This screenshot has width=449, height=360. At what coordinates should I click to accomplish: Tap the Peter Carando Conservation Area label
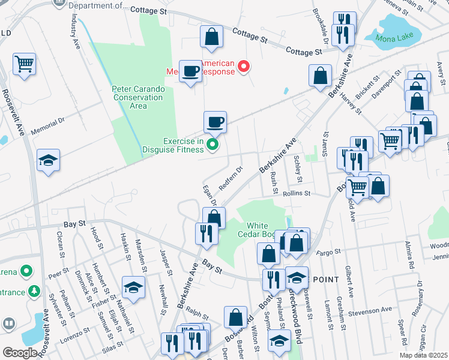point(138,97)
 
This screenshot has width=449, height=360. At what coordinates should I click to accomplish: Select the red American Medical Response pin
point(244,67)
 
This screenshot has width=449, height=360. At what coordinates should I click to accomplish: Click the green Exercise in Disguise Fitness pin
point(212,144)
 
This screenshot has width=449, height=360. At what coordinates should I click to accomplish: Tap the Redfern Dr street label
point(230,178)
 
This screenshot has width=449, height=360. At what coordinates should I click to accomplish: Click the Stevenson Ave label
point(371,310)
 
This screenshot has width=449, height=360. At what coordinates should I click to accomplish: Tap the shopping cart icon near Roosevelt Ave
point(24,64)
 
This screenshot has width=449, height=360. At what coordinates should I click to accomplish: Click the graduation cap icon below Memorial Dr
point(49,160)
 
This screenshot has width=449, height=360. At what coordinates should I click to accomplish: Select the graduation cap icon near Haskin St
point(133,287)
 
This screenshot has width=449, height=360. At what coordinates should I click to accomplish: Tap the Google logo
point(20,353)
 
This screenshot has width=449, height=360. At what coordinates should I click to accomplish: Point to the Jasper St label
point(163,260)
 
